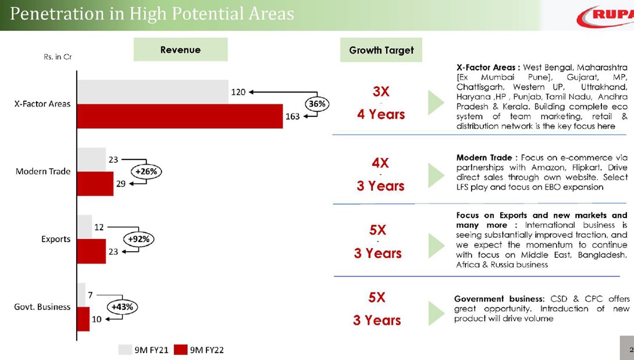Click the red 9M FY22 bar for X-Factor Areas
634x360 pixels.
pos(180,116)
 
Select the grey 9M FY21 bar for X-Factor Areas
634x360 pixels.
pos(152,92)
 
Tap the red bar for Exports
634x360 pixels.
pos(91,251)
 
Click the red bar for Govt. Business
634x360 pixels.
pos(83,319)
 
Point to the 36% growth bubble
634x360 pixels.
pos(317,104)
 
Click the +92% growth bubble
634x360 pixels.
pos(139,239)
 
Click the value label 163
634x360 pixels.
pos(293,116)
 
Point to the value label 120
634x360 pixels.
pos(238,92)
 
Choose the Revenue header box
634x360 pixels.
pos(180,50)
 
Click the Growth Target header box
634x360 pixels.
pos(381,51)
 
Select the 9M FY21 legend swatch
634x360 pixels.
pos(125,350)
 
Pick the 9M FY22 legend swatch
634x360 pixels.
pos(181,350)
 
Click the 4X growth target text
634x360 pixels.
pos(380,163)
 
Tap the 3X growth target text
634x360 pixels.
pos(381,92)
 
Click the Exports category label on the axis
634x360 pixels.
pos(56,239)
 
